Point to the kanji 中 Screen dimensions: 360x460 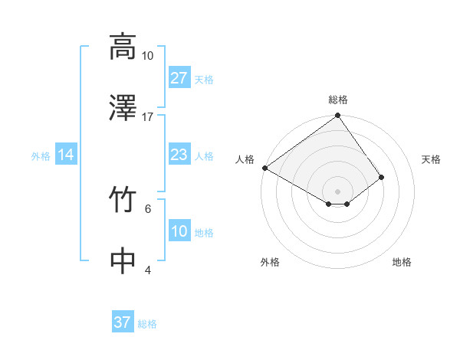[x=123, y=260]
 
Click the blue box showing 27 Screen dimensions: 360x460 [x=179, y=78]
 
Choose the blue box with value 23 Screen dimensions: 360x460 [x=179, y=155]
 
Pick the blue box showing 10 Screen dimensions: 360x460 [x=179, y=231]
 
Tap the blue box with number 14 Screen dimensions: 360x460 [x=66, y=155]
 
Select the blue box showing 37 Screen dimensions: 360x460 [x=123, y=322]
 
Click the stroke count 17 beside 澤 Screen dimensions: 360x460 [x=148, y=117]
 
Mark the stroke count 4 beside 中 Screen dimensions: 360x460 [x=148, y=270]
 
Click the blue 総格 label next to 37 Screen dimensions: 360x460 [x=147, y=324]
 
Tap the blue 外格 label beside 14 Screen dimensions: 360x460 [x=41, y=155]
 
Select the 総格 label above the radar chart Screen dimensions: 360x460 [x=337, y=100]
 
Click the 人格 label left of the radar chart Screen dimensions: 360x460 [x=245, y=159]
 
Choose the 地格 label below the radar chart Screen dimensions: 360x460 [x=402, y=262]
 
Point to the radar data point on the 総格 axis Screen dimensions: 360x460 [x=337, y=116]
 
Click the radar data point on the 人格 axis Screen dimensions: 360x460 [x=264, y=168]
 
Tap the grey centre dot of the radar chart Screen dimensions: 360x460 [x=337, y=191]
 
